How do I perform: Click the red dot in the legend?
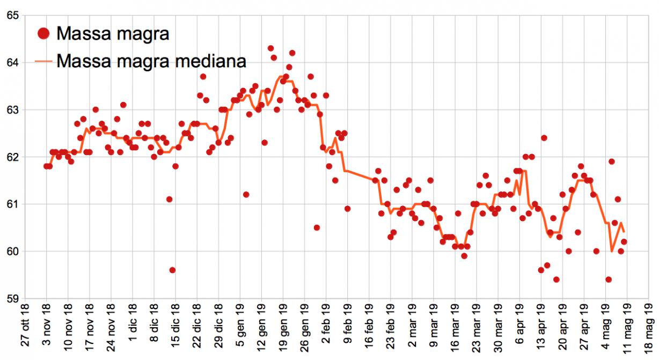click(45, 34)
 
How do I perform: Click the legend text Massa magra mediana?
click(151, 61)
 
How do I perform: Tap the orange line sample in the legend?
click(45, 61)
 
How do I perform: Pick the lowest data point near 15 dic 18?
click(172, 270)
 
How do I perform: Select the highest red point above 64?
click(270, 48)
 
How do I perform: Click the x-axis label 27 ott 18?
click(25, 330)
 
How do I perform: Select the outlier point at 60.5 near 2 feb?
click(317, 227)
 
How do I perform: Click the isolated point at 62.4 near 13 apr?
click(544, 138)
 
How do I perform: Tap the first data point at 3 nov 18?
click(46, 166)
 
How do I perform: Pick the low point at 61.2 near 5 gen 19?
click(246, 194)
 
